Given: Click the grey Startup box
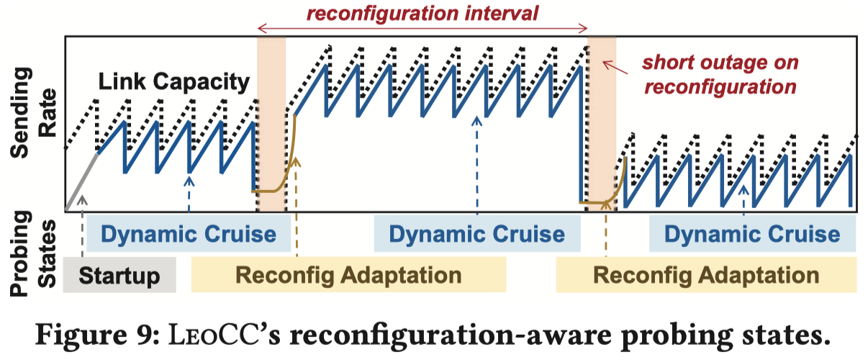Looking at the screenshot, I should pyautogui.click(x=119, y=275).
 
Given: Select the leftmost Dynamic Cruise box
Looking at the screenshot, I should pyautogui.click(x=188, y=234).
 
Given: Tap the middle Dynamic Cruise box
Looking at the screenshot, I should pyautogui.click(x=476, y=234).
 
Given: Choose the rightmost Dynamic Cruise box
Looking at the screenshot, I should pyautogui.click(x=752, y=234).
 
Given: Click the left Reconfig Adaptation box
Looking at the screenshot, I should pyautogui.click(x=348, y=275).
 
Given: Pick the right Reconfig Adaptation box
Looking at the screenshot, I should pyautogui.click(x=706, y=275).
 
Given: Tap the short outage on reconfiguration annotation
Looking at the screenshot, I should pyautogui.click(x=720, y=74).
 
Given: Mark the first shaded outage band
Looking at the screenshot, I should pyautogui.click(x=271, y=122).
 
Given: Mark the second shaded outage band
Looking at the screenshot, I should pyautogui.click(x=602, y=122).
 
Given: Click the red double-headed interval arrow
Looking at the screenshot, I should pyautogui.click(x=423, y=28).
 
